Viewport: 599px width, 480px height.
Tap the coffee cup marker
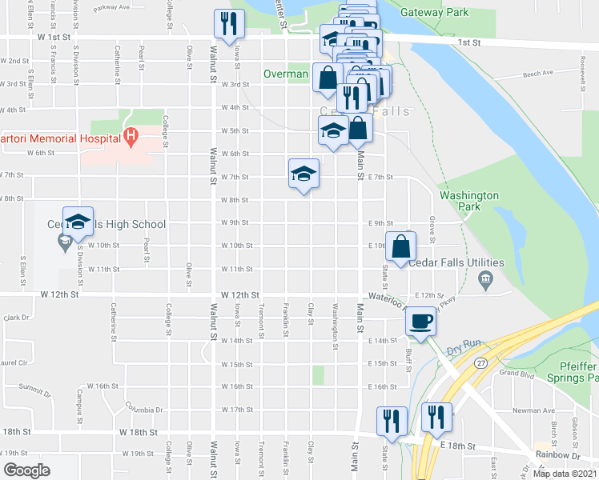coord(421,322)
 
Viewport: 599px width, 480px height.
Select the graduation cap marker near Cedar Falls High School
coord(78,223)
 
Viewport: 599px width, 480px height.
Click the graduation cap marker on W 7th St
coord(304,173)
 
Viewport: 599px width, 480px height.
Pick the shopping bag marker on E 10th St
coord(400,246)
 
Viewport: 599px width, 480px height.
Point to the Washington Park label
coord(469,201)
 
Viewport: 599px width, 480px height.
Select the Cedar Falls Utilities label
coord(456,262)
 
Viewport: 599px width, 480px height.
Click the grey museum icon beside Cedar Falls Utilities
coord(484,278)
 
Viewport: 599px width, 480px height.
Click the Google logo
coord(26,470)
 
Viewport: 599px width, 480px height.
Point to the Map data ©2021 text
coord(565,474)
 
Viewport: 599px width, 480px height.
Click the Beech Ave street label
coord(538,74)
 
